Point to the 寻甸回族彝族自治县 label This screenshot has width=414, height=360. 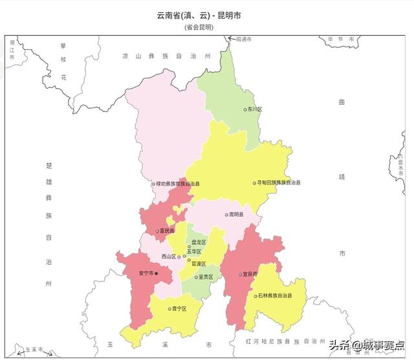pyautogui.click(x=279, y=183)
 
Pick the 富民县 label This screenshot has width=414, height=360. pyautogui.click(x=167, y=231)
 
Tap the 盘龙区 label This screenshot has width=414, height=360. pyautogui.click(x=199, y=242)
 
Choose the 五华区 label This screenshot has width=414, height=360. pyautogui.click(x=194, y=251)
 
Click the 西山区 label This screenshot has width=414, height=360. pyautogui.click(x=169, y=256)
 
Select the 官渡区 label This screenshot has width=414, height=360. pyautogui.click(x=199, y=264)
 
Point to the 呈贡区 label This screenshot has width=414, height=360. pyautogui.click(x=206, y=276)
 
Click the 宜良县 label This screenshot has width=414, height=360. pyautogui.click(x=250, y=274)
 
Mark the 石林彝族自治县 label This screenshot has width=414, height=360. pyautogui.click(x=274, y=295)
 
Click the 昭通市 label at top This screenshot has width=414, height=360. pyautogui.click(x=243, y=39)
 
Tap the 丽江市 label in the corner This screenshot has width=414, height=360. pyautogui.click(x=12, y=49)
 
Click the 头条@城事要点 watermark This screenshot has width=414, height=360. pyautogui.click(x=366, y=345)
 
